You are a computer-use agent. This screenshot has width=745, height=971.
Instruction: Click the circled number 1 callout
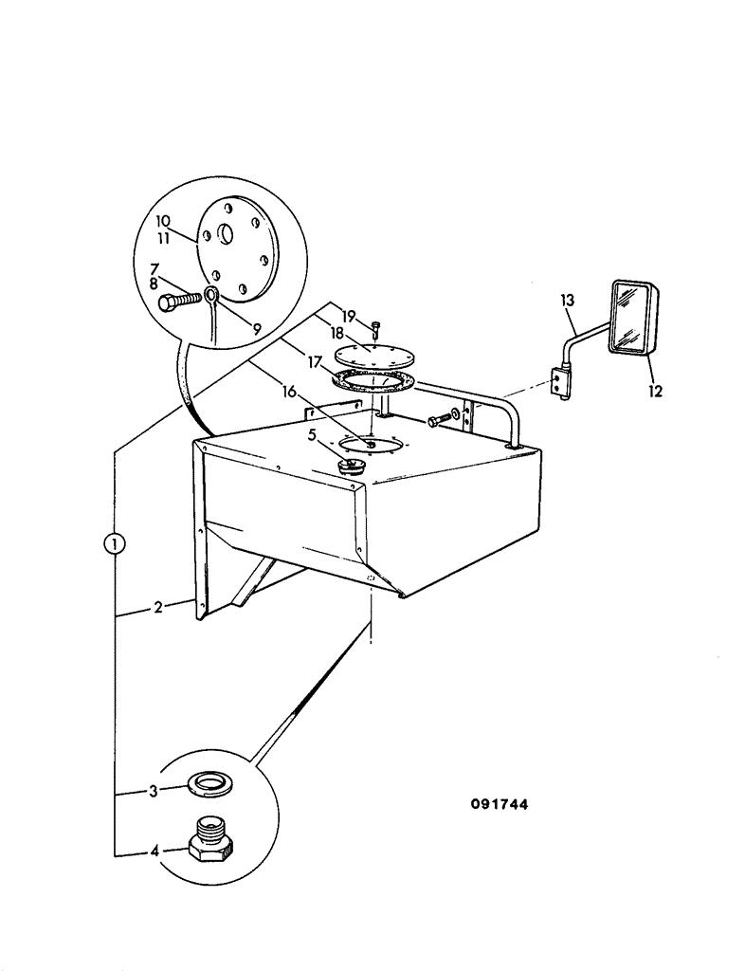coord(114,544)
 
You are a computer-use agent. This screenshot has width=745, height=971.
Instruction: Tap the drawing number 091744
coord(500,804)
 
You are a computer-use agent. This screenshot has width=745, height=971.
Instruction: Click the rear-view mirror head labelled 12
coord(633,318)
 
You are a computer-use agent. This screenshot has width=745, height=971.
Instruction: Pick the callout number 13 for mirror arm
coord(568,302)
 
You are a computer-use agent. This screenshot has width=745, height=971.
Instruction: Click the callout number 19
coord(347,316)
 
